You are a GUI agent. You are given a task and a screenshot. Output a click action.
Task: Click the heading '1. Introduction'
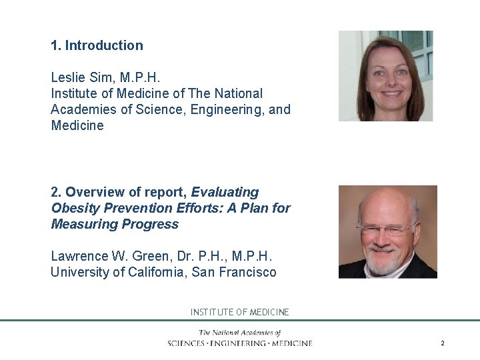[x=97, y=45]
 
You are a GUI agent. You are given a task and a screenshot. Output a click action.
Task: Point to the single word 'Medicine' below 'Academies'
[x=77, y=125]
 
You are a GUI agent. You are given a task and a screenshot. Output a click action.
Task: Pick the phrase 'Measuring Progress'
[x=115, y=224]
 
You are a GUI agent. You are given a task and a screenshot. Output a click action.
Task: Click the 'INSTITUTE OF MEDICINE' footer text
[x=240, y=312]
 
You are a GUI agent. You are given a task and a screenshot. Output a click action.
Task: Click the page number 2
[x=442, y=343]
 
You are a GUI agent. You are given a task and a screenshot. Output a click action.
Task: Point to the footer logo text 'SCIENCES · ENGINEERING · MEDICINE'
[x=240, y=343]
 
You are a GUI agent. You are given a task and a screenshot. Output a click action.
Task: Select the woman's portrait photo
[x=385, y=76]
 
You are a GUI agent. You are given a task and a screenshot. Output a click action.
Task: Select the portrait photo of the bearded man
[x=387, y=232]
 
